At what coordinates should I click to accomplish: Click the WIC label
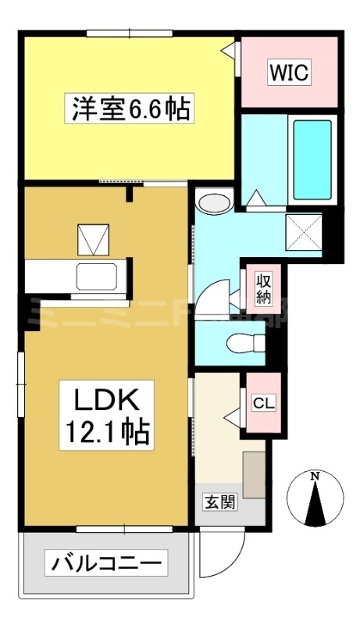tap(290, 73)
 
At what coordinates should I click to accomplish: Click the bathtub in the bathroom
tap(312, 160)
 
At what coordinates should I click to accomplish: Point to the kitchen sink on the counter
tap(96, 277)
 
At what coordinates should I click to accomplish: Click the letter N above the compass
tap(314, 476)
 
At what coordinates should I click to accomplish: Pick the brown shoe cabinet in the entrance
tap(254, 473)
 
